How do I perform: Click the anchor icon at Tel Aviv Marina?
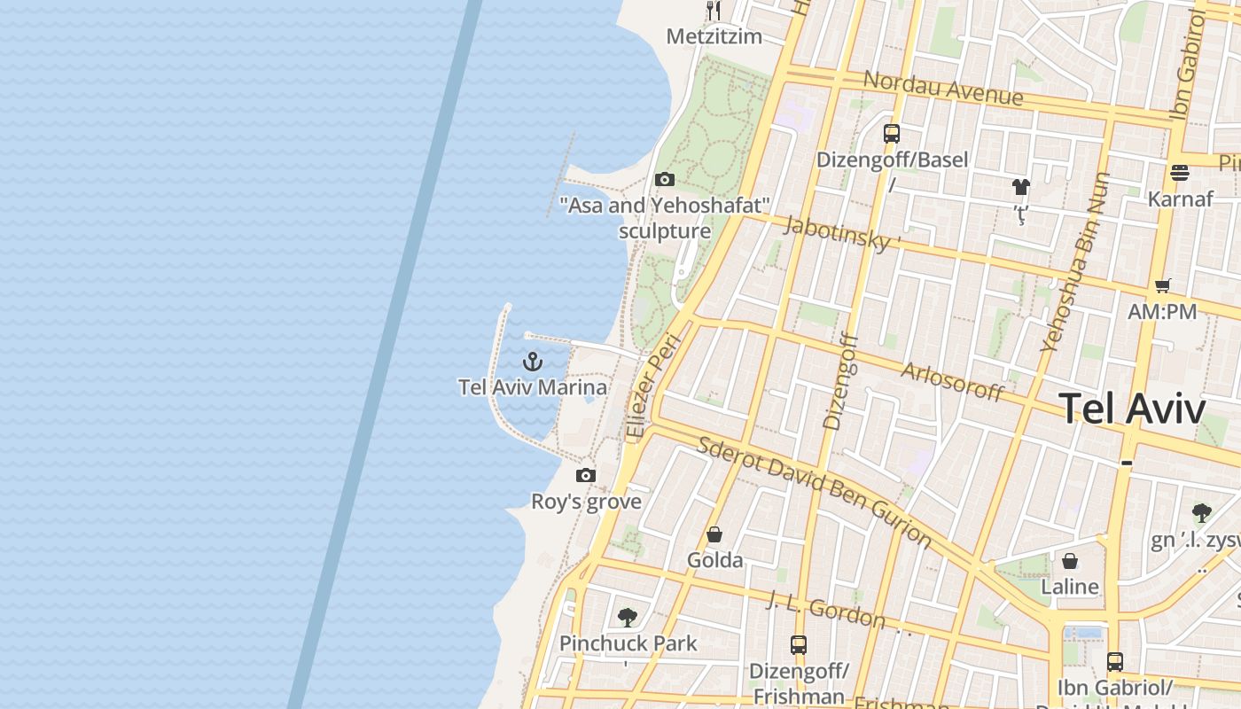[532, 362]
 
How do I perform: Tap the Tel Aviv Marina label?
[533, 387]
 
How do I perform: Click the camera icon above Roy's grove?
[585, 476]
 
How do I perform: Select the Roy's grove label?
[586, 502]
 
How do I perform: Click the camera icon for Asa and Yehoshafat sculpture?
[664, 180]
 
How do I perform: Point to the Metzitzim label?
[714, 36]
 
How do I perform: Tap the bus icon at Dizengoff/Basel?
[892, 134]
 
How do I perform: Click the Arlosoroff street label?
[952, 381]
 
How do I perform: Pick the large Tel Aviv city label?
[1132, 409]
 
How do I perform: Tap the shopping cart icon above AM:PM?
[1162, 285]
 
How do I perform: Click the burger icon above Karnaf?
[1179, 173]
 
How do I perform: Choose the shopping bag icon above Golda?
[714, 534]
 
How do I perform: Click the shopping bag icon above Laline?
[1070, 561]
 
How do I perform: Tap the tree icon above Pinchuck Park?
[628, 617]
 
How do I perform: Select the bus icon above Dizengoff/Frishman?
[799, 645]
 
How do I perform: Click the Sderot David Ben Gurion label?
[814, 490]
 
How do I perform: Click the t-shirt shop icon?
[1021, 187]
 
